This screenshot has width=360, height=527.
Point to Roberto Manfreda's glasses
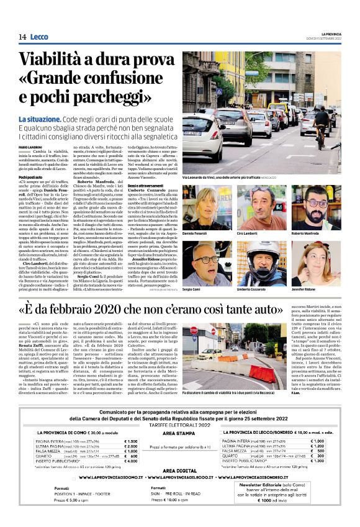[x=317, y=205]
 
